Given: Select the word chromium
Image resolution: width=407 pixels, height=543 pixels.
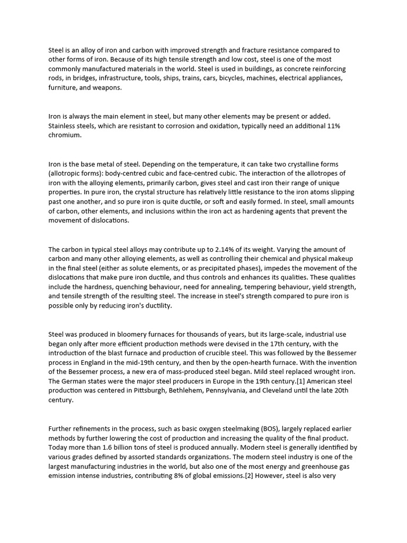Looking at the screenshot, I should [x=65, y=135].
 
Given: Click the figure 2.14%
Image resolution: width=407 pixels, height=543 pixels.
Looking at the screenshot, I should [x=217, y=249].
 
